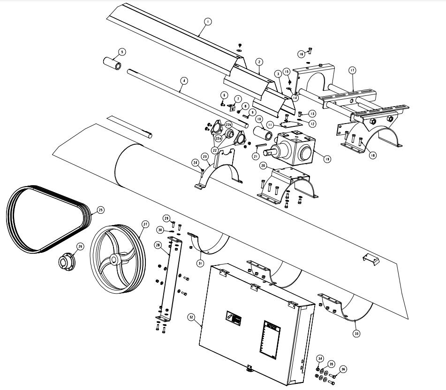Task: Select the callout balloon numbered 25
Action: pyautogui.click(x=100, y=210)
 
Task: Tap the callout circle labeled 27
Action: pyautogui.click(x=145, y=225)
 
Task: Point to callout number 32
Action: pyautogui.click(x=191, y=317)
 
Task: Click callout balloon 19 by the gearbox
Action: pyautogui.click(x=326, y=159)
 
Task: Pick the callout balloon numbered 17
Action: pyautogui.click(x=352, y=70)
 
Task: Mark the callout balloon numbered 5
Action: pyautogui.click(x=122, y=51)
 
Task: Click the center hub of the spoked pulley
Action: pyautogui.click(x=114, y=260)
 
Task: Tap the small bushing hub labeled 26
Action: pyautogui.click(x=64, y=262)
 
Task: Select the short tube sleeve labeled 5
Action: pyautogui.click(x=112, y=63)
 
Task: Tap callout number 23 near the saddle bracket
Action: pyautogui.click(x=205, y=156)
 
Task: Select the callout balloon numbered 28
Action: pyautogui.click(x=158, y=245)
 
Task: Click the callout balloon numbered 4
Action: pyautogui.click(x=184, y=80)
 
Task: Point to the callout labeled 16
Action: pyautogui.click(x=301, y=54)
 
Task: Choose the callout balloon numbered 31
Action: pyautogui.click(x=200, y=263)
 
